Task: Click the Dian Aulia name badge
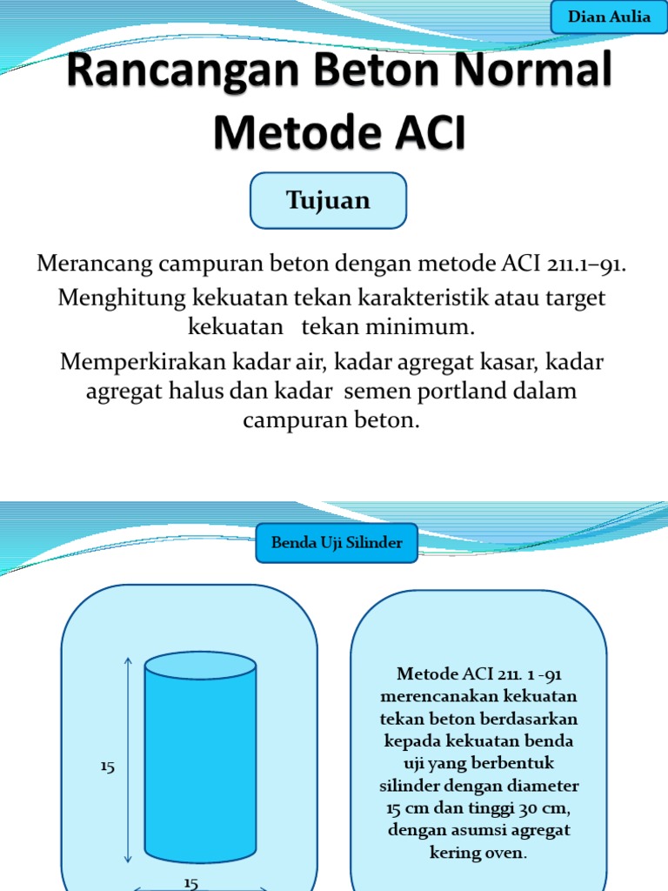pyautogui.click(x=609, y=17)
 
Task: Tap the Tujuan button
pyautogui.click(x=328, y=200)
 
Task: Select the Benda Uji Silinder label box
pyautogui.click(x=337, y=542)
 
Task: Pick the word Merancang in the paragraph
pyautogui.click(x=90, y=264)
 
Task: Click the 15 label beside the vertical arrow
pyautogui.click(x=108, y=767)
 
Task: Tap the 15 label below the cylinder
pyautogui.click(x=191, y=882)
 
